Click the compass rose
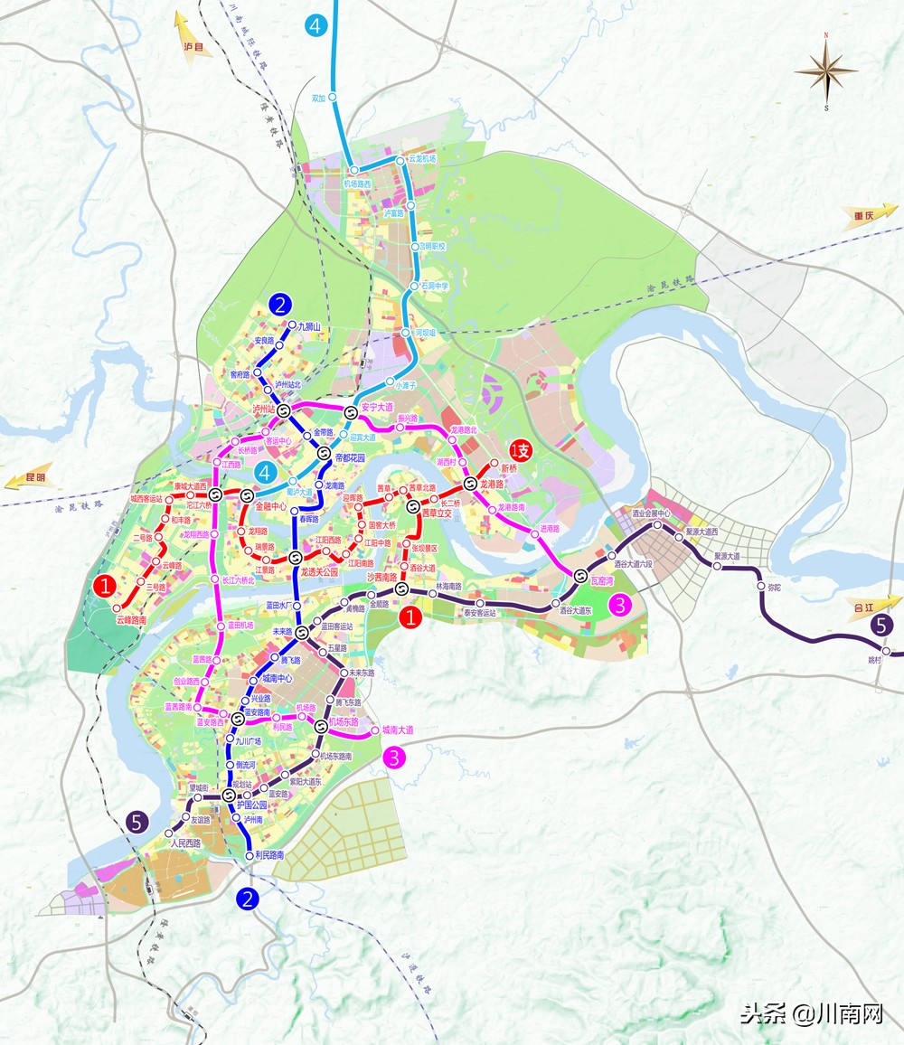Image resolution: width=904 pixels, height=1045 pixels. [x=826, y=71]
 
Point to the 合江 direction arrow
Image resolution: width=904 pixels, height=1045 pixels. [x=871, y=606]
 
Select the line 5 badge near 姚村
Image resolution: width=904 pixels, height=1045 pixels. [x=882, y=624]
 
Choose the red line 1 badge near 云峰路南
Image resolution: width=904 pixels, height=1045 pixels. [x=106, y=586]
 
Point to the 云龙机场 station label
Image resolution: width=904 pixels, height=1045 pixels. [x=423, y=158]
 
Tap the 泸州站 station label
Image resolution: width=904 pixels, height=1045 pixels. [x=268, y=409]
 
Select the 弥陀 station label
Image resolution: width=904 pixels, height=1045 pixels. [x=773, y=588]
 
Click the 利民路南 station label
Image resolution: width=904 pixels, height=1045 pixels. [x=269, y=854]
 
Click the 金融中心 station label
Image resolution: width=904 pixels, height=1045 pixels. [x=269, y=506]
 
